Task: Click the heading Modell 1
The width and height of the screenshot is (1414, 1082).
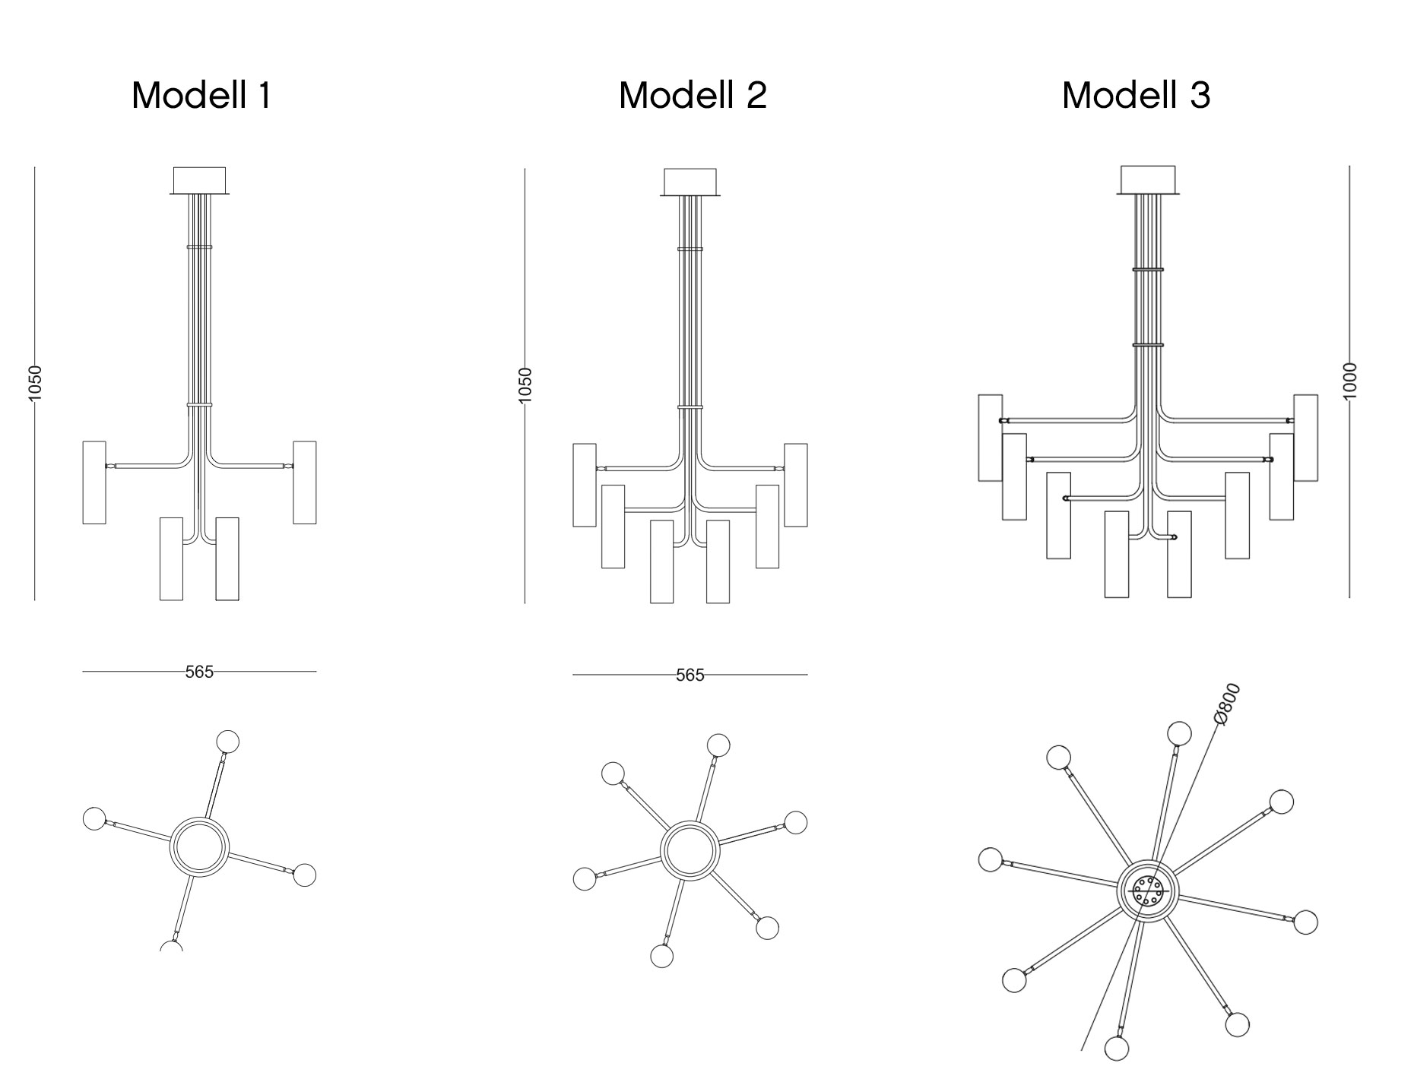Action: (201, 96)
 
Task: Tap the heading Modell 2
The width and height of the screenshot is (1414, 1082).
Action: (693, 96)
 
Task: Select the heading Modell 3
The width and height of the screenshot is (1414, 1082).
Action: (1136, 96)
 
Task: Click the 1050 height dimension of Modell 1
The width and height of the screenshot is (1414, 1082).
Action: (35, 383)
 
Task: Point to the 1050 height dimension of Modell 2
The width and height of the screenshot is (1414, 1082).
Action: (525, 384)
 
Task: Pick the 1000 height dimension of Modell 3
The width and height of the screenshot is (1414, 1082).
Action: (1349, 381)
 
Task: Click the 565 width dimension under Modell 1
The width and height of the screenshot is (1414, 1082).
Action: (199, 672)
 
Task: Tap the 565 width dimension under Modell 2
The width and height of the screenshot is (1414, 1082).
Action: (690, 675)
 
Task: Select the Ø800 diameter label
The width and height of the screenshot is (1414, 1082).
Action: (1226, 704)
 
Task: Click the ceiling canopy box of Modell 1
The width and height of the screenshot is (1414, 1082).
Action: (199, 180)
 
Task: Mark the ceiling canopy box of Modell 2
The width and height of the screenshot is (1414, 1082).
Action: (690, 182)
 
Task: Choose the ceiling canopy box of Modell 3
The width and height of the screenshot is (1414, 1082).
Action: (1148, 179)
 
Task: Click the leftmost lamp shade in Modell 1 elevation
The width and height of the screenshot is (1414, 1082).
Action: (94, 482)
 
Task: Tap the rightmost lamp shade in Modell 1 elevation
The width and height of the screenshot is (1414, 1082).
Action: (305, 482)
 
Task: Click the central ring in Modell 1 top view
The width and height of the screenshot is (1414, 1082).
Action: (199, 846)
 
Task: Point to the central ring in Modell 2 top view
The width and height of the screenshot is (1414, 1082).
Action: (690, 850)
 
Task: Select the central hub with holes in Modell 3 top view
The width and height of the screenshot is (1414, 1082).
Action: (1147, 891)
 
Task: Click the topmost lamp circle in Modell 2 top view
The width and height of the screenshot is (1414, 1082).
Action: (718, 745)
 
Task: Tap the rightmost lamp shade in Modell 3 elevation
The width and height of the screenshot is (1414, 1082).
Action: (1306, 438)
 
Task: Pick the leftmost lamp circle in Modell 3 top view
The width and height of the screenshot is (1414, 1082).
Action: (991, 859)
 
